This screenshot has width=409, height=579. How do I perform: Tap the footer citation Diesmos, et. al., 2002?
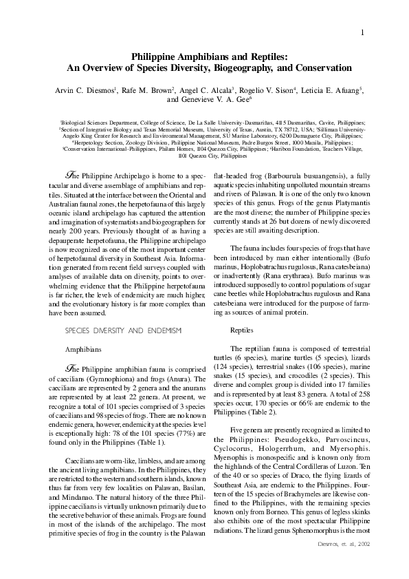pyautogui.click(x=342, y=543)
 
